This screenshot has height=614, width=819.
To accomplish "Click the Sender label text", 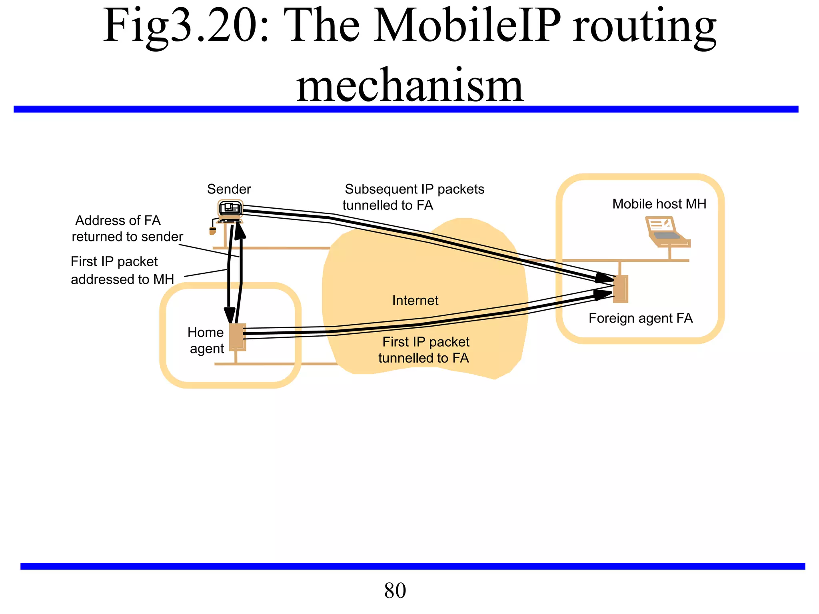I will [229, 189].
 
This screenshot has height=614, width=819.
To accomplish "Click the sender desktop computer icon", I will [230, 210].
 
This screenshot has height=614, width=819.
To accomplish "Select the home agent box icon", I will [237, 337].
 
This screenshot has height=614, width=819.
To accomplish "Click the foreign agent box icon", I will [621, 289].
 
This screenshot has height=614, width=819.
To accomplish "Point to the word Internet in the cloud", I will [415, 300].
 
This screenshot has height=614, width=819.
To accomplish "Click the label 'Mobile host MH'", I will [659, 204].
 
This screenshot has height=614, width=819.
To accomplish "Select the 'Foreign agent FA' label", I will [640, 318].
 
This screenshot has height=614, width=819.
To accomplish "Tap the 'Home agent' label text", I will [206, 340].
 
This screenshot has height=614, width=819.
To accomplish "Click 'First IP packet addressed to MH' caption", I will [122, 270].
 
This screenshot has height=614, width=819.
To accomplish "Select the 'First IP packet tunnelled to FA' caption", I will [425, 350].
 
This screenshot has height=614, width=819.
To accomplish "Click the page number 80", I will [395, 590].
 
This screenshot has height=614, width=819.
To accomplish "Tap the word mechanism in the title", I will [409, 85].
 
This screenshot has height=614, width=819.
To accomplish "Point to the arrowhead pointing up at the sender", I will [240, 231].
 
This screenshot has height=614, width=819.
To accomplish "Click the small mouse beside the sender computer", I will [213, 231].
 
